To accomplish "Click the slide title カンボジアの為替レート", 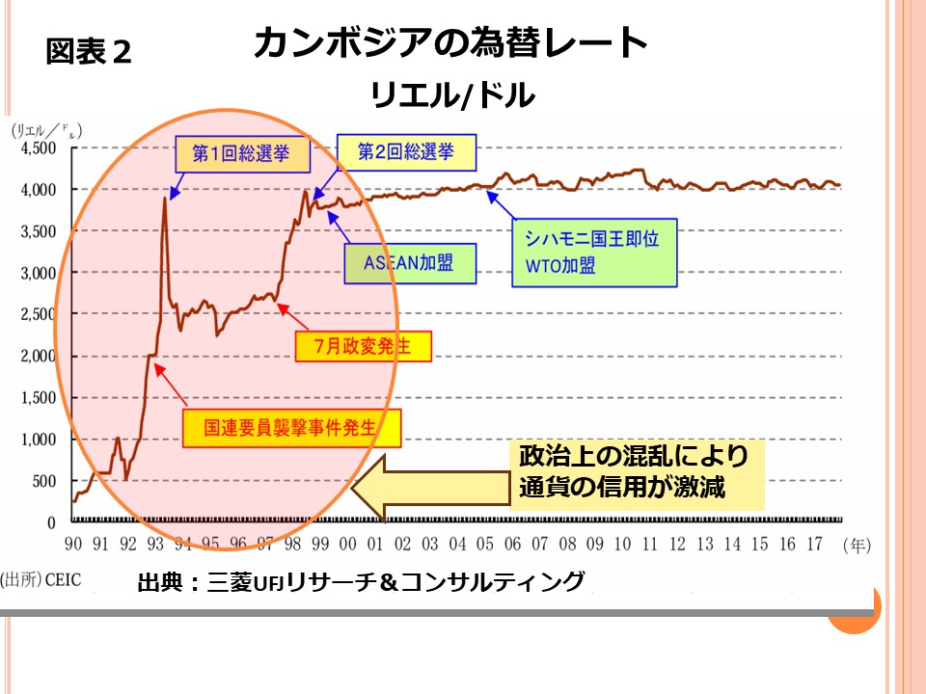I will [x=450, y=44].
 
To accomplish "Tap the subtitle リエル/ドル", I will [x=451, y=95].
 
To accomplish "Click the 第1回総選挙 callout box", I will [x=231, y=153].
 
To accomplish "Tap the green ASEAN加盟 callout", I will [x=410, y=261].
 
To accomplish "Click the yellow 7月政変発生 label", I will [x=362, y=346].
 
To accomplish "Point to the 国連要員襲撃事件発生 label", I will [x=290, y=428].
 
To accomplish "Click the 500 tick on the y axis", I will [x=43, y=481].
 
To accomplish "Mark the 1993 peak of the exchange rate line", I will [x=165, y=198].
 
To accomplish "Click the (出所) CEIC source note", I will [x=41, y=579].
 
